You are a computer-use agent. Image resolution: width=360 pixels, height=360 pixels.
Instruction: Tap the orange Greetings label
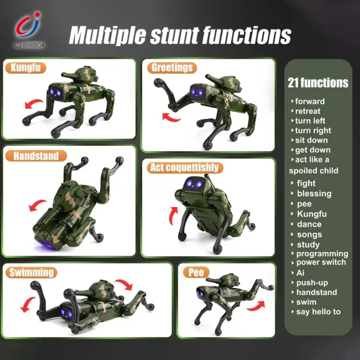pos(172,67)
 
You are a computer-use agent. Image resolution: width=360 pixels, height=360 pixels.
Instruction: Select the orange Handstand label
pos(37,156)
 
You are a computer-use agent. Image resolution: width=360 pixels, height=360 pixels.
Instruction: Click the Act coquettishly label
pos(184,167)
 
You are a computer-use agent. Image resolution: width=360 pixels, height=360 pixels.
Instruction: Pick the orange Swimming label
pos(31,272)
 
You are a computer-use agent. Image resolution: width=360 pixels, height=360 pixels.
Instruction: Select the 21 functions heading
pos(318,83)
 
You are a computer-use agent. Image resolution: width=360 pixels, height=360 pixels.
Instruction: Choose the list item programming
pos(322,253)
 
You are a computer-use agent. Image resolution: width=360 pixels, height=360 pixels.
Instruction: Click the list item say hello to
pos(319,311)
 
